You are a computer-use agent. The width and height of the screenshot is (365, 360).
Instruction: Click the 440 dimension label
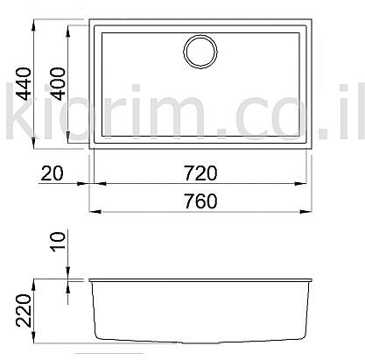24,84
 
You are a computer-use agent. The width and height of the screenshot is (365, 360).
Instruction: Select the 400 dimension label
58,84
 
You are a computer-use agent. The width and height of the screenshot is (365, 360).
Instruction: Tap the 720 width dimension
200,173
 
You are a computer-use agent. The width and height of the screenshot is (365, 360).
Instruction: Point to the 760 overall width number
200,201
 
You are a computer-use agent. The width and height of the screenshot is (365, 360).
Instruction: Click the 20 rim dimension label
52,173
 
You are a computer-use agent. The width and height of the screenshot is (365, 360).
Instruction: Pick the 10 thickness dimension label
58,241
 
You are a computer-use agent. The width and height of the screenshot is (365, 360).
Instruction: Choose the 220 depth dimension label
24,310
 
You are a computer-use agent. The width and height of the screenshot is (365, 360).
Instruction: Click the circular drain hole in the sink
200,52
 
